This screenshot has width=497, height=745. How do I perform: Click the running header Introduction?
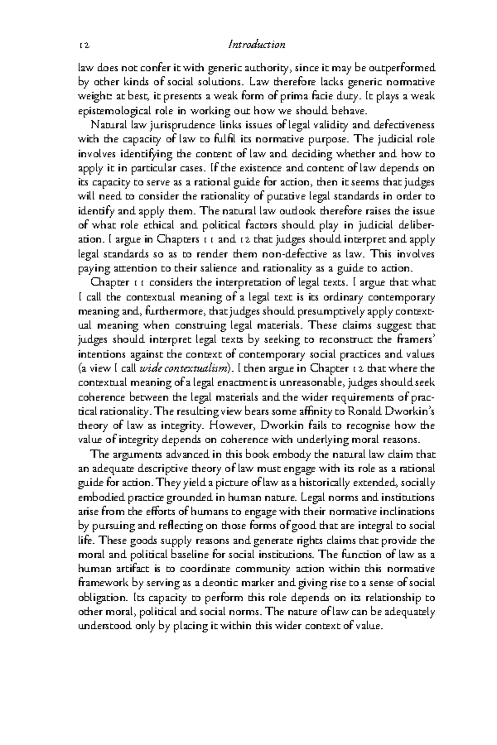(x=257, y=45)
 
